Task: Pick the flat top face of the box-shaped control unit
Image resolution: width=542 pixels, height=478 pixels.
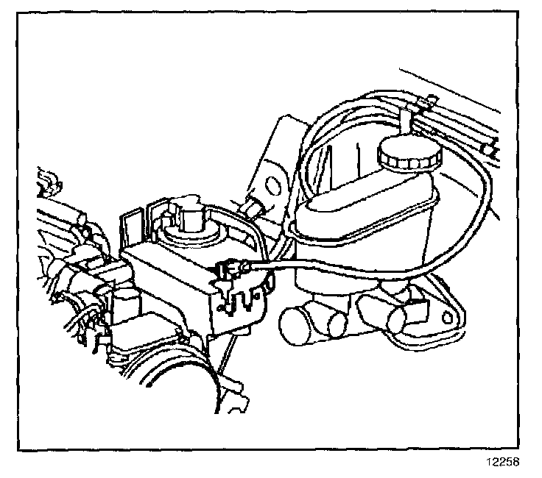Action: pyautogui.click(x=169, y=261)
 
